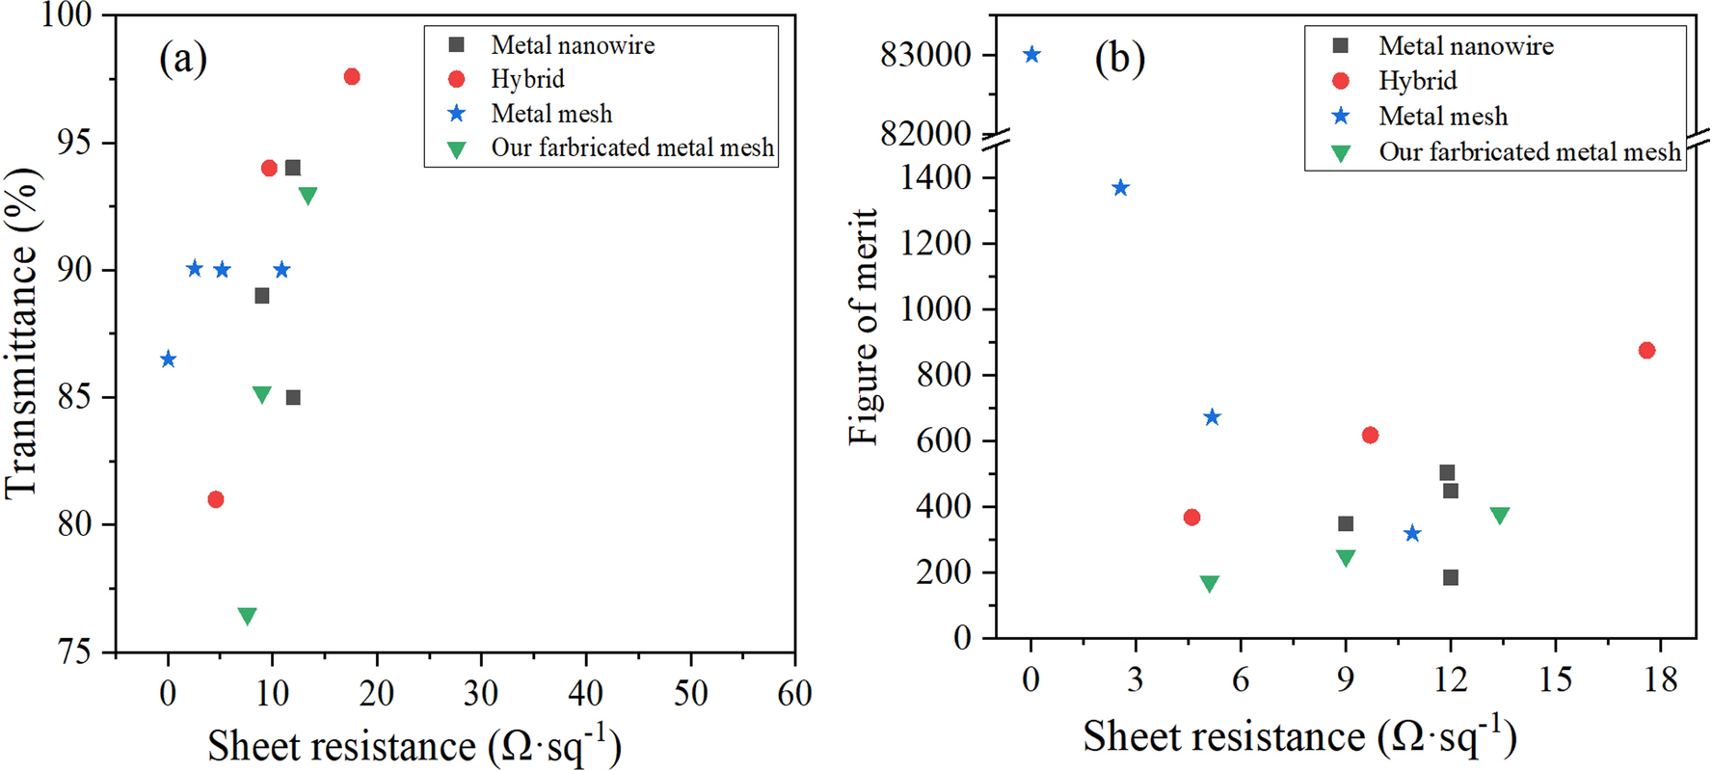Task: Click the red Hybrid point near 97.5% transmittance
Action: [352, 76]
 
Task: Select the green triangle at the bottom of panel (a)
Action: [247, 616]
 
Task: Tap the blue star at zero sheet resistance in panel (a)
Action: [168, 359]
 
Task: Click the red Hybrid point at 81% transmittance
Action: [216, 499]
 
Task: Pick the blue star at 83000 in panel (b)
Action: [1031, 55]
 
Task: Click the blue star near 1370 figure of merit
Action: [1120, 188]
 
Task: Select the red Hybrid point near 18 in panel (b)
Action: [1646, 350]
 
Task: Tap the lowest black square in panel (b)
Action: [1451, 577]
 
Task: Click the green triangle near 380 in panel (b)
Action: [1499, 516]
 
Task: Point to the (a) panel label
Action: [183, 58]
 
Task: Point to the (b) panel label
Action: [1119, 59]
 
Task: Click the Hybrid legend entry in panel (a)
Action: [527, 79]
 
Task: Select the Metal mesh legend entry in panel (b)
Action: [1442, 117]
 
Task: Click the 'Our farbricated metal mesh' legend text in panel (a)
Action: [632, 147]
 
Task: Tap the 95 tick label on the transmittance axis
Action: [74, 143]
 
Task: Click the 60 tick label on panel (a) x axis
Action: [794, 692]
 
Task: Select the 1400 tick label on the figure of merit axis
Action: [935, 177]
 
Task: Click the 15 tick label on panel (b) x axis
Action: [1555, 679]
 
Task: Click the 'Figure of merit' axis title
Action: [864, 328]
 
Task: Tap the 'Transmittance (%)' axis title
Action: [21, 332]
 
